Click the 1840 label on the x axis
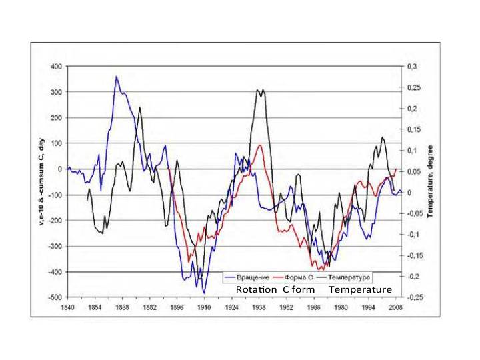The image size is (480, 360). coord(67,308)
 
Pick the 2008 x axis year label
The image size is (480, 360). coord(396,308)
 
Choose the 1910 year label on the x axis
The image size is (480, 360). coord(204,308)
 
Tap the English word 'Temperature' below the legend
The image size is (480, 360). coord(360,290)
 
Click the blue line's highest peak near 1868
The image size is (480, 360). coord(117,77)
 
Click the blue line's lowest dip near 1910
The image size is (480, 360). coord(204,293)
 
